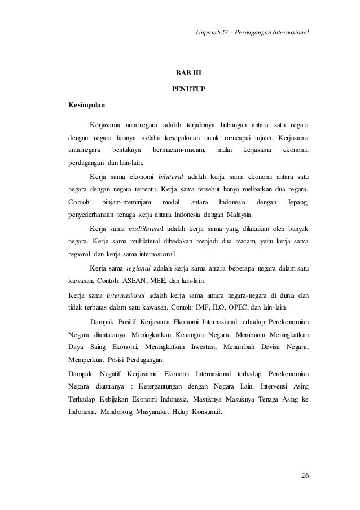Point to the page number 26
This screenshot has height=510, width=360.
click(305, 473)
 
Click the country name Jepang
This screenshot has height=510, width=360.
click(298, 202)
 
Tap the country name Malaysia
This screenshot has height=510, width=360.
click(239, 215)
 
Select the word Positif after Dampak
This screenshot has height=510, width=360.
click(134, 321)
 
